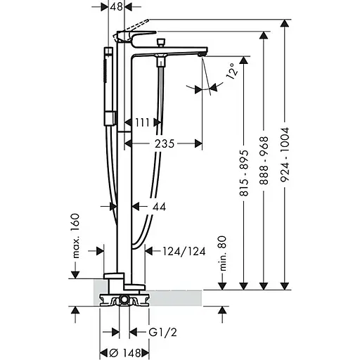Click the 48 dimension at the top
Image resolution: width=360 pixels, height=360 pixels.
117,7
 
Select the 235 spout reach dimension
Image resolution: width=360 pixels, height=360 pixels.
165,143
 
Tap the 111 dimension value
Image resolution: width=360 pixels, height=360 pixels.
143,122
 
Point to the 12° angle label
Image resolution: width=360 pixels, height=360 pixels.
231,71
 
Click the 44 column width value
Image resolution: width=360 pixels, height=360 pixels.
160,207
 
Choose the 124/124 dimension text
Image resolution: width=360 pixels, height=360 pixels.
184,251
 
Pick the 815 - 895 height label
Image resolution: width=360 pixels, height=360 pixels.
244,173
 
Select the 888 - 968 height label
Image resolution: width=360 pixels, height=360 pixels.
264,160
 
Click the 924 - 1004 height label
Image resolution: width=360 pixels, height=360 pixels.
285,155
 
